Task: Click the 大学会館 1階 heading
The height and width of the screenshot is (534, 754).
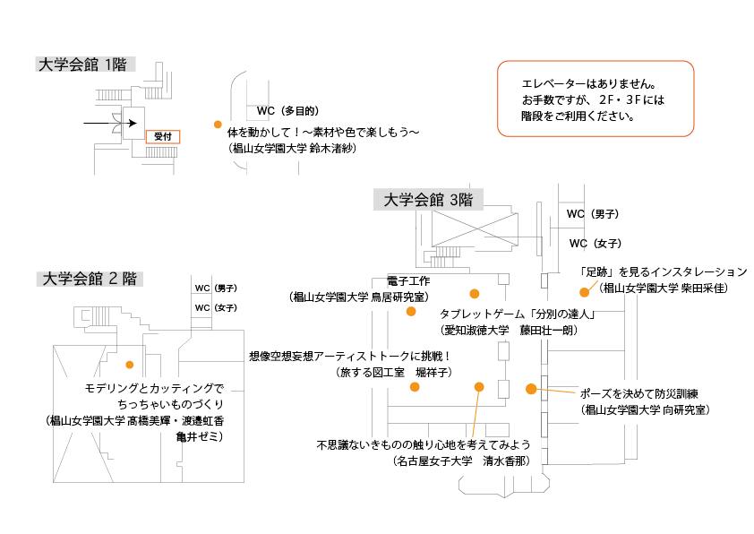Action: click(x=85, y=65)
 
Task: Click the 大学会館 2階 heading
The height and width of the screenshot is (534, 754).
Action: click(x=90, y=279)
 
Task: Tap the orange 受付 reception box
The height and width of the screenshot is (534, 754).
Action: click(x=162, y=137)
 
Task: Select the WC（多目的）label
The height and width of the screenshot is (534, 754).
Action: click(x=287, y=111)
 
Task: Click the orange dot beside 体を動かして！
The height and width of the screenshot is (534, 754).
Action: click(x=218, y=125)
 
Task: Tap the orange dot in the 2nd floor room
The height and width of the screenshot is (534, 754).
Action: click(x=130, y=365)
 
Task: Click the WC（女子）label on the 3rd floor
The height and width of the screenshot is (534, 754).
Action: click(x=595, y=244)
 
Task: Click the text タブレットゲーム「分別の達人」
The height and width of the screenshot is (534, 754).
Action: click(x=518, y=315)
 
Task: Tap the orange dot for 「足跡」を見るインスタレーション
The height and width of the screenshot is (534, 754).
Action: click(x=584, y=291)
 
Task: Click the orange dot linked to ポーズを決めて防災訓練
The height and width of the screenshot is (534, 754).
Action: click(x=531, y=389)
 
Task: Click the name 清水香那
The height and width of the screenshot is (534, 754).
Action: click(x=506, y=461)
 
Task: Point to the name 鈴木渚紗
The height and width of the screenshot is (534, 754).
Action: click(x=332, y=149)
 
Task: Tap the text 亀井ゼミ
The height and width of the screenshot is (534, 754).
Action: click(x=199, y=436)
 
